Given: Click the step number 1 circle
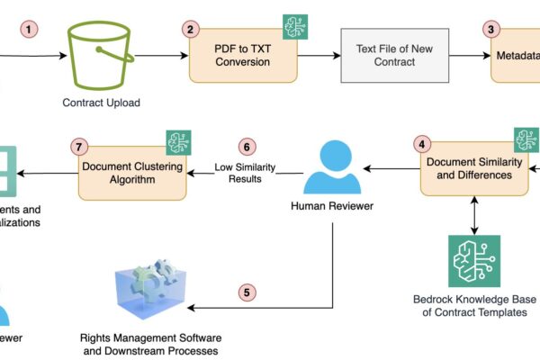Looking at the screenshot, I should (x=31, y=29).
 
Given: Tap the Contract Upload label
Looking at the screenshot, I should (x=100, y=103).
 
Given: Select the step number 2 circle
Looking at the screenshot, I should (x=190, y=29).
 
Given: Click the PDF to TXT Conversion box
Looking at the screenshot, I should (x=242, y=56).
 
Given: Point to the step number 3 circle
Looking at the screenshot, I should (x=491, y=29).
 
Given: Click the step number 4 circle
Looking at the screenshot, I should (x=421, y=143).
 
